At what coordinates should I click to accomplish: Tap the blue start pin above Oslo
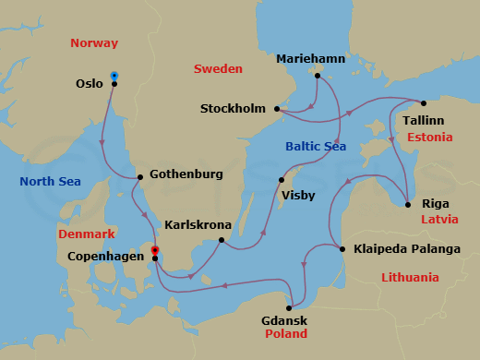(114, 75)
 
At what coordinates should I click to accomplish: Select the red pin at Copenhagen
(154, 249)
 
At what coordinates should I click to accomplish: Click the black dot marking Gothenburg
(138, 177)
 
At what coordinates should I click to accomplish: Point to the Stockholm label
(233, 109)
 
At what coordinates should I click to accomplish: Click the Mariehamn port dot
(317, 76)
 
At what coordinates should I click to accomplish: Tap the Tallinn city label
(422, 120)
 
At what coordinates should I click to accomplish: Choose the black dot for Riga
(408, 204)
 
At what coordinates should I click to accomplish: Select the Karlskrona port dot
(222, 241)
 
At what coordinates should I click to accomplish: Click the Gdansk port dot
(290, 308)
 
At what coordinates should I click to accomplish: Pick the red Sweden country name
(218, 69)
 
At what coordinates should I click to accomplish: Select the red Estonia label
(428, 138)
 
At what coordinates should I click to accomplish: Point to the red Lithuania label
(410, 277)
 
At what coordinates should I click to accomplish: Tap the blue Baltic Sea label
(316, 146)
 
